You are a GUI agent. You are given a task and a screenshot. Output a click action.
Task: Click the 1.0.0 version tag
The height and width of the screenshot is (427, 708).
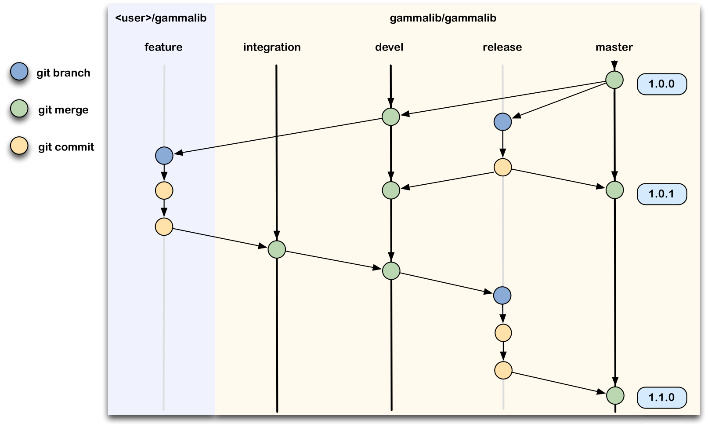point(661,84)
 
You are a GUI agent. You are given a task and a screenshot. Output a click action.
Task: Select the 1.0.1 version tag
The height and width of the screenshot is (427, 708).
point(661,194)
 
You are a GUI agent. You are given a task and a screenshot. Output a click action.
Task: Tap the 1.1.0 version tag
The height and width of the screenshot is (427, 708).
point(661,398)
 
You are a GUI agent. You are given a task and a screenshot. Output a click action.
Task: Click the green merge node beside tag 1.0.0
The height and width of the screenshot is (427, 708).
point(614,80)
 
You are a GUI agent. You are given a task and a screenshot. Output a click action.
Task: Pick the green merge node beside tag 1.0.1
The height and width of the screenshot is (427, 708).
point(614,190)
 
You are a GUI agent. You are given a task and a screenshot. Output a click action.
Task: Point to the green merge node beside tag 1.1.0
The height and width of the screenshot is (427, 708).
point(615,395)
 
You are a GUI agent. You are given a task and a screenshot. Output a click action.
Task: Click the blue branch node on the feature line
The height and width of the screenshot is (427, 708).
point(164,156)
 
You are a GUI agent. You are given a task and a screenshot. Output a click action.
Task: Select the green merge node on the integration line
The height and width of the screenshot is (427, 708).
point(277,249)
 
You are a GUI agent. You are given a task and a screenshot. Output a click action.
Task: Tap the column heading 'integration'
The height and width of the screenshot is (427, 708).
point(272,47)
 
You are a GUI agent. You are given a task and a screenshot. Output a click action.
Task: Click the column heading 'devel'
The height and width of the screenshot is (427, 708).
point(389,47)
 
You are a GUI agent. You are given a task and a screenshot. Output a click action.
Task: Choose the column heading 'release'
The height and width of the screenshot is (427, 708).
point(502,47)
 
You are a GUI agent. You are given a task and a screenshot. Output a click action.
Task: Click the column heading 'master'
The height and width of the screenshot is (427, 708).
point(614,47)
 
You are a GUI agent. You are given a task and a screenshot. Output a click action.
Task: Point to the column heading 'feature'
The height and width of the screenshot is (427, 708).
point(163,47)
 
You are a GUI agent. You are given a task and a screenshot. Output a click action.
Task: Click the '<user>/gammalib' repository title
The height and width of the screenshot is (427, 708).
point(161,18)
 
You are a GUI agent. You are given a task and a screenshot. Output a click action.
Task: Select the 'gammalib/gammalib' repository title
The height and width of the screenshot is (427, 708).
point(443,18)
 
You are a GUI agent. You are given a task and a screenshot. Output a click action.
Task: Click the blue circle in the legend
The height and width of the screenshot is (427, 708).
point(19,71)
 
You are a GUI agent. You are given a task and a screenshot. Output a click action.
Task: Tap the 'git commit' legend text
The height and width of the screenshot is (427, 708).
point(66,147)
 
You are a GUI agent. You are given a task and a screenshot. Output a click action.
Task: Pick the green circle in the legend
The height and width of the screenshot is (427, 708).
point(19,108)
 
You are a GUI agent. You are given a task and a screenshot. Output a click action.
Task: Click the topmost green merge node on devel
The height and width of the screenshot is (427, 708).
point(390,117)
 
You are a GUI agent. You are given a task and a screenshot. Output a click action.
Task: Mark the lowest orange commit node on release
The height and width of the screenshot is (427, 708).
point(503,370)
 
